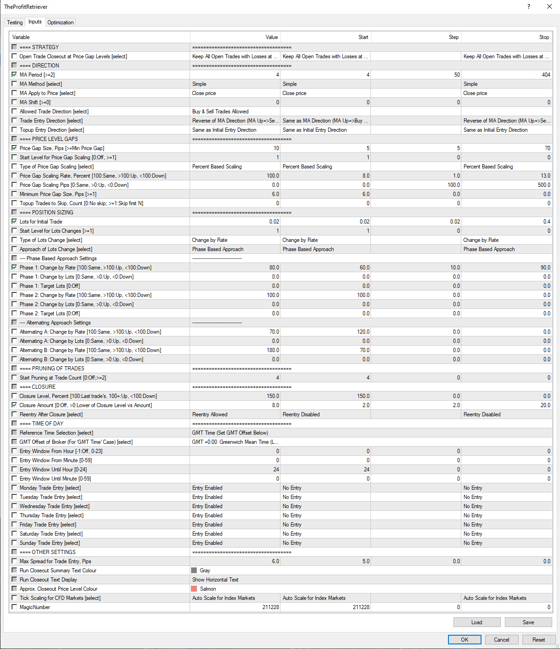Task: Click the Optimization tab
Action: [x=60, y=22]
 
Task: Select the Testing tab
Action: [x=15, y=22]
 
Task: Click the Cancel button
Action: [x=501, y=640]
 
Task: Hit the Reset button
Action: [x=538, y=640]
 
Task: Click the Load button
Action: [x=476, y=622]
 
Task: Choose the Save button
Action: [x=528, y=622]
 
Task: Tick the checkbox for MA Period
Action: [x=14, y=74]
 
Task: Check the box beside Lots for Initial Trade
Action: [x=14, y=221]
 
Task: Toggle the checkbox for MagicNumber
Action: [x=14, y=607]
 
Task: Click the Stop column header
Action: [x=544, y=37]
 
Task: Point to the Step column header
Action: [x=454, y=37]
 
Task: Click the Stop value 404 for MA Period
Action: [x=546, y=75]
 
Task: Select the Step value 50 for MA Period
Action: [x=457, y=75]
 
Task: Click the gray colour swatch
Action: [x=194, y=571]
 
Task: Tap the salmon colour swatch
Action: [x=194, y=589]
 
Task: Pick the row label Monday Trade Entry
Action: [x=50, y=488]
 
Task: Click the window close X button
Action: [x=549, y=6]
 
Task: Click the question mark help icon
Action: [x=529, y=6]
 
